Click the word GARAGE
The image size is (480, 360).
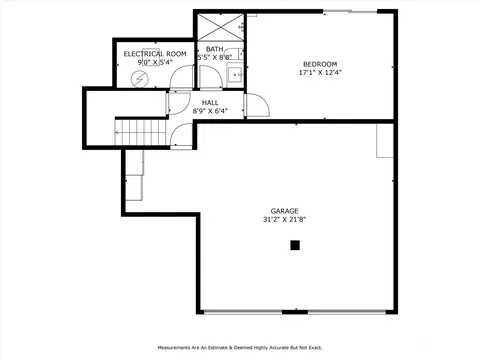pos(284,211)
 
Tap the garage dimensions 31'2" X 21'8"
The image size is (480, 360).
pos(284,219)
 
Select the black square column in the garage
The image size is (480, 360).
pos(295,245)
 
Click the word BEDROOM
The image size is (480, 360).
pos(320,64)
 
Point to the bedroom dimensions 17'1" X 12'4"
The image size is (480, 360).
pos(320,72)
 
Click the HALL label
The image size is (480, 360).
pos(210,103)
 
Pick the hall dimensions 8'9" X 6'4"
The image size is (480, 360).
pos(210,111)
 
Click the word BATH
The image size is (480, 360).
pos(215,49)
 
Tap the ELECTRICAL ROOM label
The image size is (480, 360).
pos(155,54)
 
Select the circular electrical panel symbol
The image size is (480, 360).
pos(138,79)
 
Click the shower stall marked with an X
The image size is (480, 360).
pos(221,27)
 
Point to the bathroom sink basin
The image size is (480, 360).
pos(235,73)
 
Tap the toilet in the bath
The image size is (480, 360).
pos(234,54)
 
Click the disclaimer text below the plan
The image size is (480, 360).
pos(240,348)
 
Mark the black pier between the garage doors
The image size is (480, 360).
pos(295,312)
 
